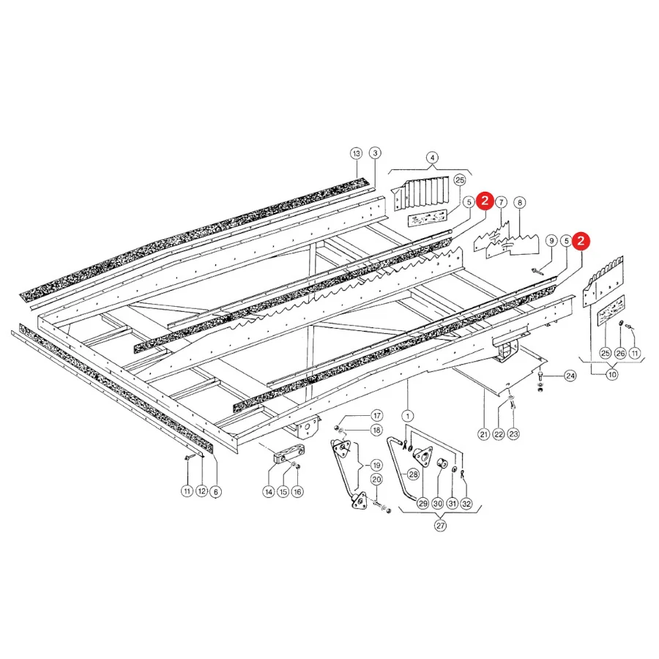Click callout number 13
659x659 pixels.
[356, 154]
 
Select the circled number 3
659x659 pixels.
[376, 153]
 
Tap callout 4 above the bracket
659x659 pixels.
[432, 158]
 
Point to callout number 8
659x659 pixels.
[520, 203]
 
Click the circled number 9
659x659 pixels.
[551, 241]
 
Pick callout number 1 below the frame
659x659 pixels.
[407, 416]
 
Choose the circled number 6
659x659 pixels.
[215, 492]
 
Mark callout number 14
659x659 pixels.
[269, 492]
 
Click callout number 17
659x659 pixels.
[377, 416]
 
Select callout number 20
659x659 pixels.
[376, 480]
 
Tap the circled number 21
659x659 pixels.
[484, 434]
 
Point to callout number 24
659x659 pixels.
[570, 376]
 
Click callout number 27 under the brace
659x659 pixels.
[440, 525]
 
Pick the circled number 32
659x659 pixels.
[466, 504]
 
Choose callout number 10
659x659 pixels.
[612, 374]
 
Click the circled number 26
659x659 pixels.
[620, 354]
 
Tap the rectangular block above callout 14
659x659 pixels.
[289, 455]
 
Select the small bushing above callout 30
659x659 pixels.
[442, 463]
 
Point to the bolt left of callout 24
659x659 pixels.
[540, 376]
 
